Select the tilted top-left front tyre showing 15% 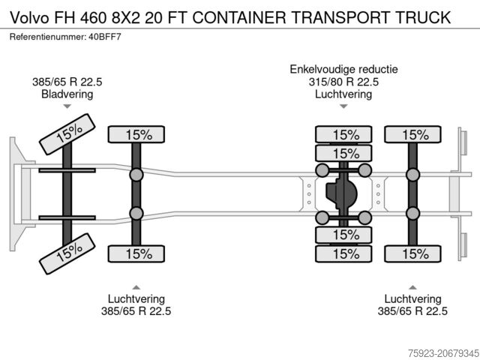point(68,134)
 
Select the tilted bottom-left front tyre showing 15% point(68,254)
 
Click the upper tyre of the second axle point(137,135)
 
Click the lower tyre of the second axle point(137,253)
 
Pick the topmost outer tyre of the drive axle point(344,135)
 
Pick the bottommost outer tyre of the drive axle point(344,253)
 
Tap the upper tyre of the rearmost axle point(412,135)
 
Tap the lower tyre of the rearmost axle point(412,253)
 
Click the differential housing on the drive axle point(343,194)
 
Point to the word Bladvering point(67,94)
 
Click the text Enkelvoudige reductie point(344,70)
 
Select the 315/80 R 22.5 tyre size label point(344,82)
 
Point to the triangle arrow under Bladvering point(67,107)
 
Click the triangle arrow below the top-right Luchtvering point(344,107)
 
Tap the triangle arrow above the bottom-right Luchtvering point(412,286)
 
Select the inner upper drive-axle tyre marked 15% point(344,154)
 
